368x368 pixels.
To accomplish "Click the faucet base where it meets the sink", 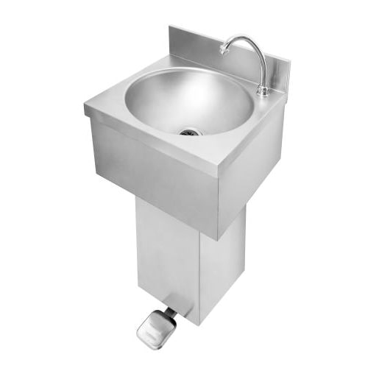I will pyautogui.click(x=262, y=92).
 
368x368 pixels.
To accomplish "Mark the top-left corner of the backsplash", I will pyautogui.click(x=170, y=27).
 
